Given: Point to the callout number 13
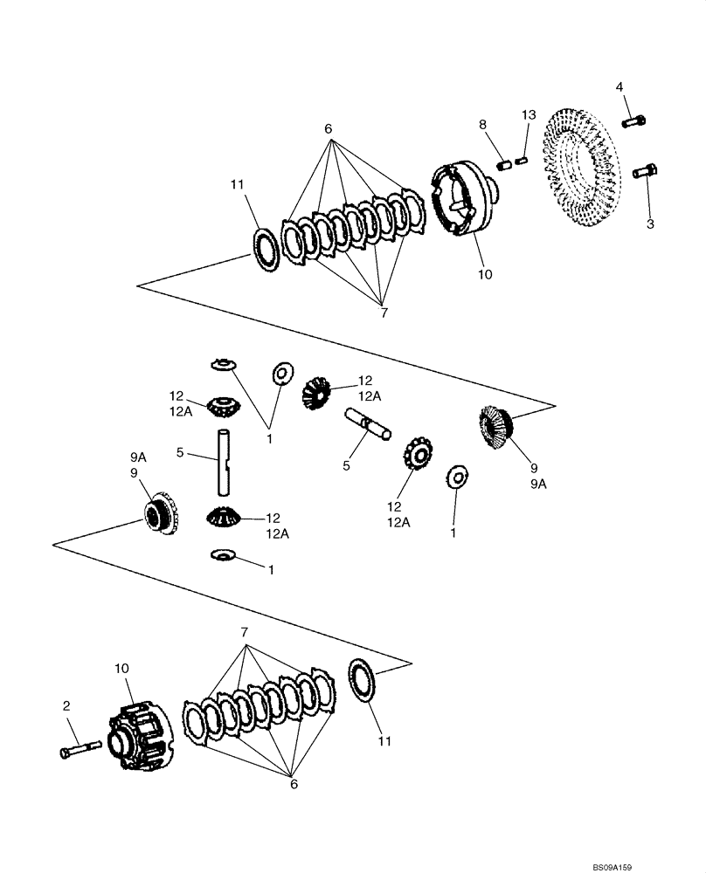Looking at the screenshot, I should (527, 115).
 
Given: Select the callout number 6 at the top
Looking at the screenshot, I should (329, 128).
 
